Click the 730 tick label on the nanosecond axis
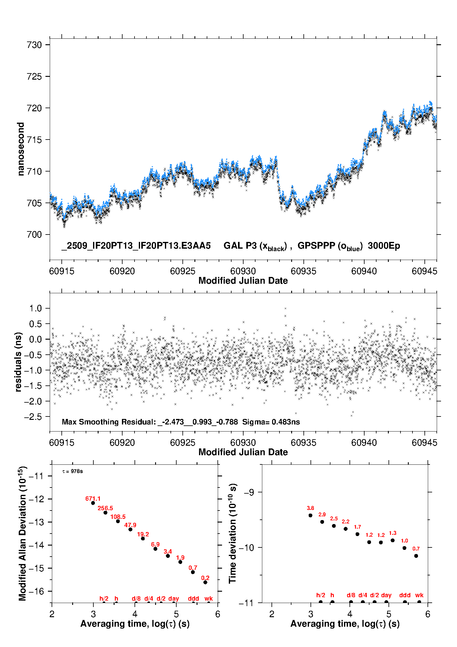click(x=34, y=45)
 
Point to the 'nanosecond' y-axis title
click(x=21, y=149)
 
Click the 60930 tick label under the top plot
click(x=243, y=271)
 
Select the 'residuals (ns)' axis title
click(x=18, y=362)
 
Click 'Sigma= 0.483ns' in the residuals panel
click(x=271, y=422)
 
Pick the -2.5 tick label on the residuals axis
click(x=33, y=417)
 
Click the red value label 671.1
click(x=93, y=499)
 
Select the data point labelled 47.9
click(x=130, y=529)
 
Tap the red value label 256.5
click(x=105, y=508)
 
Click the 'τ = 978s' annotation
click(x=72, y=471)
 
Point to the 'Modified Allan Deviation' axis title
click(x=22, y=533)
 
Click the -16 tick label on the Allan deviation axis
click(x=36, y=591)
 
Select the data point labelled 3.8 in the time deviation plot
click(x=310, y=515)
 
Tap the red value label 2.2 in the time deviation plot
click(x=346, y=521)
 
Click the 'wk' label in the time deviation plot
click(x=419, y=595)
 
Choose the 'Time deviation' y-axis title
click(x=232, y=533)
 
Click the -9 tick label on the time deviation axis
click(x=249, y=492)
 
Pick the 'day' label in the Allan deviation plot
click(x=174, y=598)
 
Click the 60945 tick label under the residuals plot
click(x=424, y=443)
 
